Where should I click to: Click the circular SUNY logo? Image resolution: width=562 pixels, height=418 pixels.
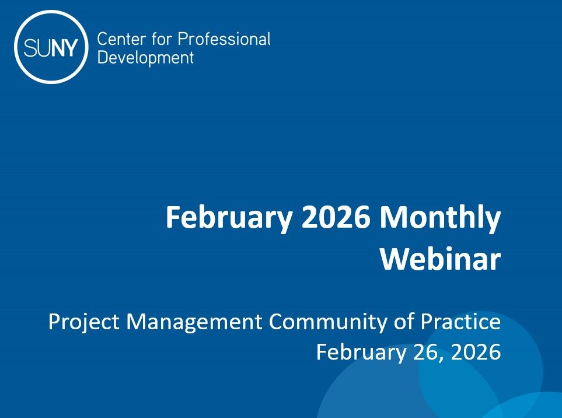[x=51, y=47]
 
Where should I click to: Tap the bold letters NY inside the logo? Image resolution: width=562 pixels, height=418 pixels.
[x=62, y=48]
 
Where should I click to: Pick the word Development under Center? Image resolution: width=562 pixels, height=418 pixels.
[x=145, y=58]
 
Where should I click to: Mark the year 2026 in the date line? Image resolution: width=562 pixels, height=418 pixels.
[x=476, y=352]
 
